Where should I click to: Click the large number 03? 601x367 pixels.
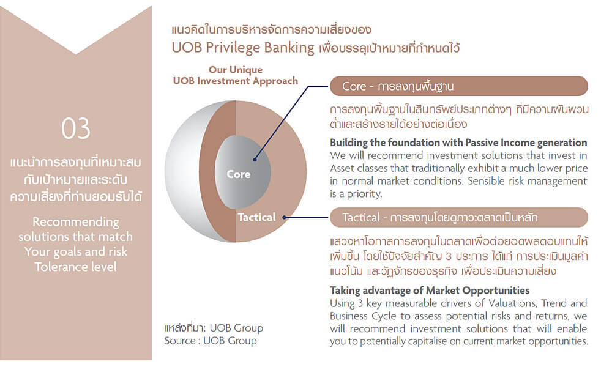tap(76, 128)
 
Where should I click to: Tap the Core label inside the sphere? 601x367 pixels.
tap(239, 174)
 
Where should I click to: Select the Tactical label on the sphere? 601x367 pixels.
tap(257, 217)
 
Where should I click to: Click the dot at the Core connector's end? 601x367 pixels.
tap(255, 160)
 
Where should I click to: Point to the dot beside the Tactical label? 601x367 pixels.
tap(285, 217)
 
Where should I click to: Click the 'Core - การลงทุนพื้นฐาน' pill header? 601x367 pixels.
tap(459, 86)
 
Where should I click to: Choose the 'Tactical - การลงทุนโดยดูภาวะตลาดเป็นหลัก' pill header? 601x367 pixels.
tap(459, 218)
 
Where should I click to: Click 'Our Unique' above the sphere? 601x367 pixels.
tap(236, 70)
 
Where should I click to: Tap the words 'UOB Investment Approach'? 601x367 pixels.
tap(236, 81)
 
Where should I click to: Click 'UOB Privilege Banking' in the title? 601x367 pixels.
tap(243, 48)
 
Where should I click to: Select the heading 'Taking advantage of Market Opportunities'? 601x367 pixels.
tap(430, 291)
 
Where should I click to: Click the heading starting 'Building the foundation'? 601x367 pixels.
tap(458, 143)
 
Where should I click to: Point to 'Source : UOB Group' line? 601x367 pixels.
tap(211, 341)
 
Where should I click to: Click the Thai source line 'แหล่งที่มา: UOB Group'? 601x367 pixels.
tap(214, 328)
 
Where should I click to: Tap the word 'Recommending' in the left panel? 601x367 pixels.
tap(76, 222)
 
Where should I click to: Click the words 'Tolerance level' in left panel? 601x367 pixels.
tap(75, 267)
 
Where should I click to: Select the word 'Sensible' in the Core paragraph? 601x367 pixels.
tap(485, 181)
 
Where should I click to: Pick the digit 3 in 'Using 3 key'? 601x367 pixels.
tap(360, 303)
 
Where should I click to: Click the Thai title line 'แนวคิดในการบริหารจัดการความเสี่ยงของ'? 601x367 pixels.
tap(271, 29)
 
